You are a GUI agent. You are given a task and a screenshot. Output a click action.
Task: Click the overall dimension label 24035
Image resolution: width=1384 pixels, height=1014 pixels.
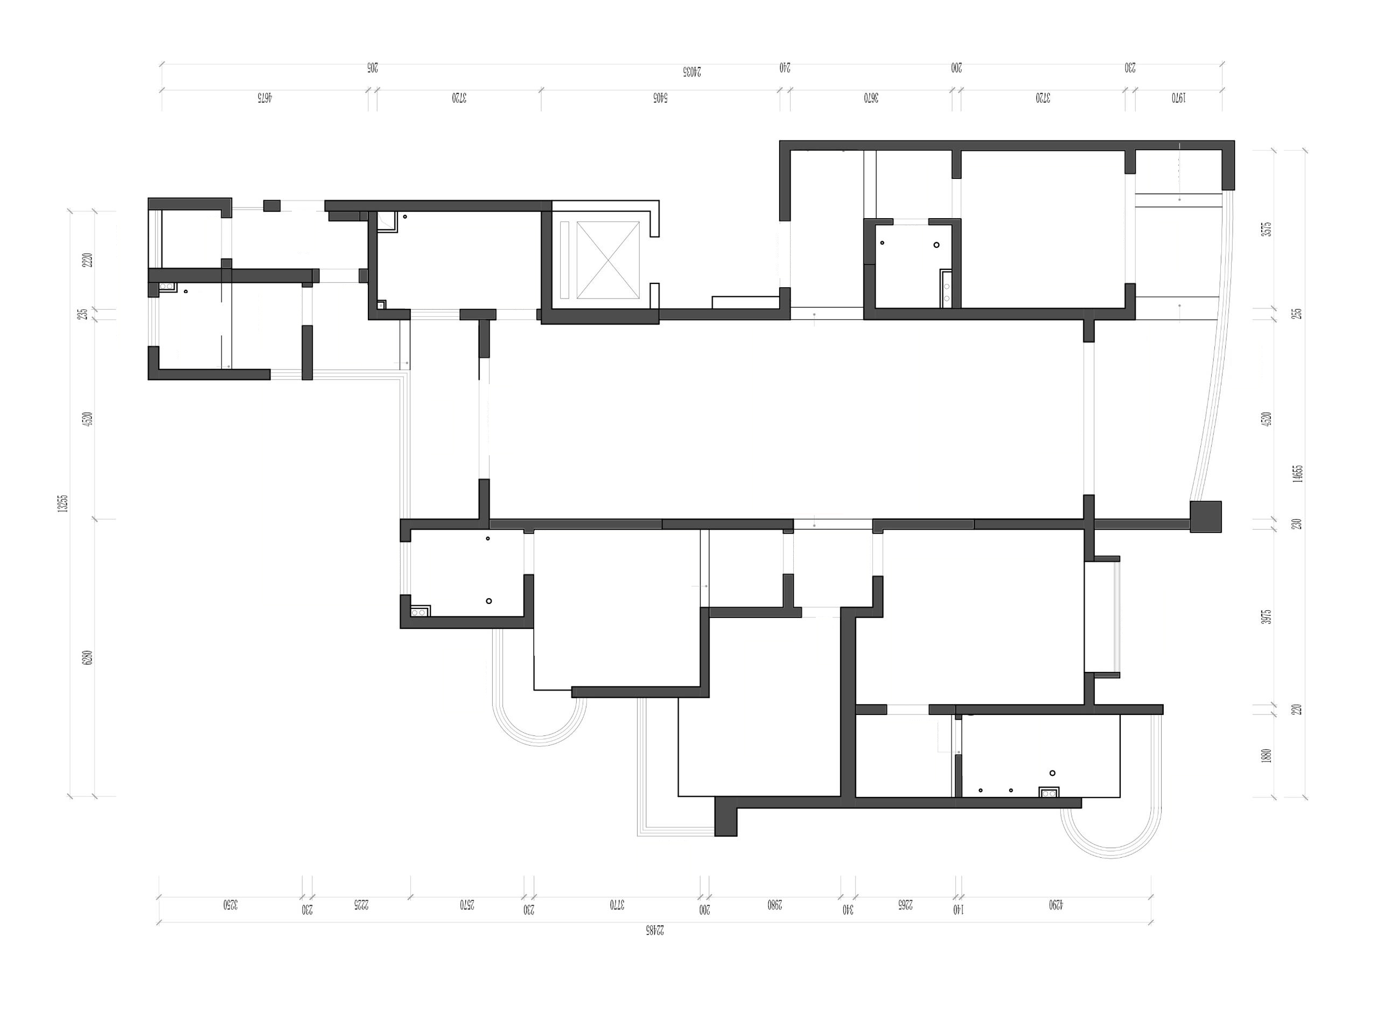point(691,71)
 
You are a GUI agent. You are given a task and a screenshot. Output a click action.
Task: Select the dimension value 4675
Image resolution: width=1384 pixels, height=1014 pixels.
point(264,97)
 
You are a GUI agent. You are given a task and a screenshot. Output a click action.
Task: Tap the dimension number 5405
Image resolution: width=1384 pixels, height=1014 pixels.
point(660,97)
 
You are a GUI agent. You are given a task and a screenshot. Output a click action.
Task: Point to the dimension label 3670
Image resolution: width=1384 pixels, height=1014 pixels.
point(871,97)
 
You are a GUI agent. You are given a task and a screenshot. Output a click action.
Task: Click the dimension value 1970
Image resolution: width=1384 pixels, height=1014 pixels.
point(1178,97)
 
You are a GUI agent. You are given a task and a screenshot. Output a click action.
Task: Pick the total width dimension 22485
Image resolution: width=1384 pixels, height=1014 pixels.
point(655,930)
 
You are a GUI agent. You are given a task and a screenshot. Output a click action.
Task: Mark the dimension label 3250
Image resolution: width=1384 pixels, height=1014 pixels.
point(230,904)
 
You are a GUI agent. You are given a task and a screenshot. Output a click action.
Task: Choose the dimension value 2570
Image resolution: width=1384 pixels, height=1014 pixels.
point(467,904)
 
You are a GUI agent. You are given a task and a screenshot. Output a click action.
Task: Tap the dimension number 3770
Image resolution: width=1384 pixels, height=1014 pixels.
point(617,904)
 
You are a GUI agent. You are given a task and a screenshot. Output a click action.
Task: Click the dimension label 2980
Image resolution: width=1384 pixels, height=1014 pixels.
point(775,904)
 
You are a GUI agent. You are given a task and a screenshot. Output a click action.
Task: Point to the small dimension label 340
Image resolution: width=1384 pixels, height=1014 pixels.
point(848,909)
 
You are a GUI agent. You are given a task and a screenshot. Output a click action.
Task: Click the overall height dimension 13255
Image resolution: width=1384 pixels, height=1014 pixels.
point(62,503)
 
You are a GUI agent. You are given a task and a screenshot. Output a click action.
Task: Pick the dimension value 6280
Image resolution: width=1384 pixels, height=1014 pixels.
point(88,658)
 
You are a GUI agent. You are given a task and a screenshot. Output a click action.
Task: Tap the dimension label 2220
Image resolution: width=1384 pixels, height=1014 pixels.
point(88,260)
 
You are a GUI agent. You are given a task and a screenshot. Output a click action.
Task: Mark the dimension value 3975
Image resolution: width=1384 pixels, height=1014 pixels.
point(1266,617)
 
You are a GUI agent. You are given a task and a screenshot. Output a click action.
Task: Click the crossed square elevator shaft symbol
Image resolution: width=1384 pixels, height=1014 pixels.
point(608,260)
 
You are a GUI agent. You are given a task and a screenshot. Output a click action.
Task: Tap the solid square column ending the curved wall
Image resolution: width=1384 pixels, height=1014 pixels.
point(1205,516)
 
